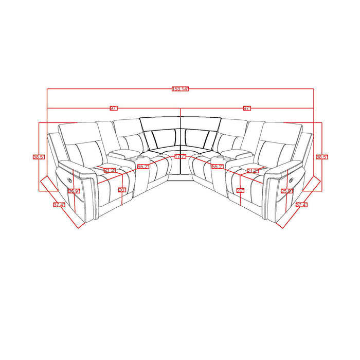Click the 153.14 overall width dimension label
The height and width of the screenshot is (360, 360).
coord(180,89)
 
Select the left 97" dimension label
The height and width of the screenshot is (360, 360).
coord(114,108)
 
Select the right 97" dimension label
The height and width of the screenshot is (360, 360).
coord(247,108)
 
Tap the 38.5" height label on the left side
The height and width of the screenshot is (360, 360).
coord(38,157)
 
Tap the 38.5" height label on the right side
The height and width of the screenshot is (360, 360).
coord(322,157)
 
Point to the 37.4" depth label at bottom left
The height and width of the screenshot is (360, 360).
coord(59,204)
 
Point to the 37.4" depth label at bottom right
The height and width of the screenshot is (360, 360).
coord(302,204)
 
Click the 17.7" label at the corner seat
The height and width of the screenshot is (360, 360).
coord(180,156)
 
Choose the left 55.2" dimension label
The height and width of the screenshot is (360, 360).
coord(143,167)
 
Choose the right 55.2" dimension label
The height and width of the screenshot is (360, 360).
coord(218,167)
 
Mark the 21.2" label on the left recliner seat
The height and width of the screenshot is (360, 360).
coord(110,170)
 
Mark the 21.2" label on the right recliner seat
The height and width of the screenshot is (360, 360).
coord(252,170)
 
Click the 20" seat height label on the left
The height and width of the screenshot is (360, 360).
coord(122,190)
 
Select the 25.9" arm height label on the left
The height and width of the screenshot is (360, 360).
coord(74,191)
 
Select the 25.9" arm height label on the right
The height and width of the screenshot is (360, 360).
coord(286,191)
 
